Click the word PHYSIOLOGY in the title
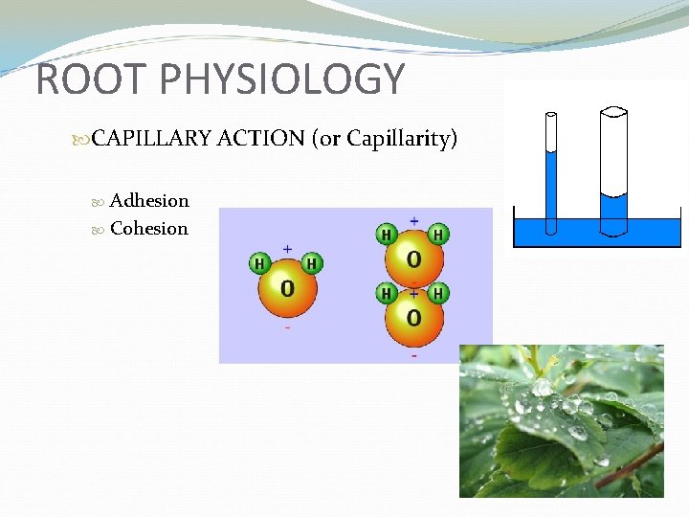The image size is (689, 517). click(284, 79)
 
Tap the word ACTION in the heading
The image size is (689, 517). click(261, 139)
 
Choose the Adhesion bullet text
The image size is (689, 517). click(149, 200)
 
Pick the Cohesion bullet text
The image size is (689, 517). click(149, 228)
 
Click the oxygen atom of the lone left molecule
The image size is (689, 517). click(287, 287)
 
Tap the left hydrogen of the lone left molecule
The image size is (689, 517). click(260, 263)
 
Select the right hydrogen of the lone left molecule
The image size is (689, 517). click(313, 263)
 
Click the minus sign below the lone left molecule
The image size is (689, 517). click(287, 327)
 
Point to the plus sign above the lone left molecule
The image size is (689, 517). click(287, 248)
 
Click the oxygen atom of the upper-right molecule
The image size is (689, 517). click(413, 258)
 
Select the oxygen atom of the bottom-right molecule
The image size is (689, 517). click(413, 318)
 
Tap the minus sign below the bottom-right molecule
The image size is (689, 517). click(413, 355)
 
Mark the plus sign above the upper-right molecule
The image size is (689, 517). click(413, 221)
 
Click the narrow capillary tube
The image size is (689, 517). click(551, 172)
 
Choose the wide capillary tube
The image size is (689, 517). click(612, 163)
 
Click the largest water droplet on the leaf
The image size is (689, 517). click(543, 387)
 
